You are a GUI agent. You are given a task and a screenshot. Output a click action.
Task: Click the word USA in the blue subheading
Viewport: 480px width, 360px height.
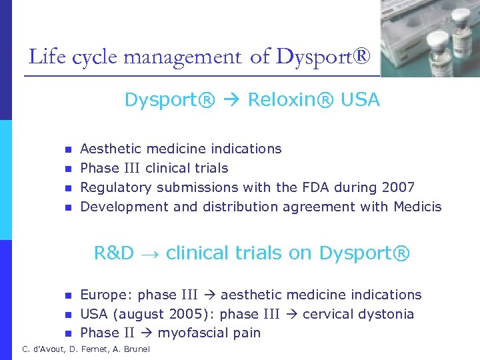(361, 100)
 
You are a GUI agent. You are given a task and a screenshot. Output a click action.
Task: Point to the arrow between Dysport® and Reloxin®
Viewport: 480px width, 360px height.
(231, 101)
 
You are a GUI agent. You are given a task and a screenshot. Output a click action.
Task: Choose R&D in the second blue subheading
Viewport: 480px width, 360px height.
(114, 253)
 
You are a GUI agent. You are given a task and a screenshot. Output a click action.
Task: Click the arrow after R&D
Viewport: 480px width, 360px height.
(150, 254)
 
